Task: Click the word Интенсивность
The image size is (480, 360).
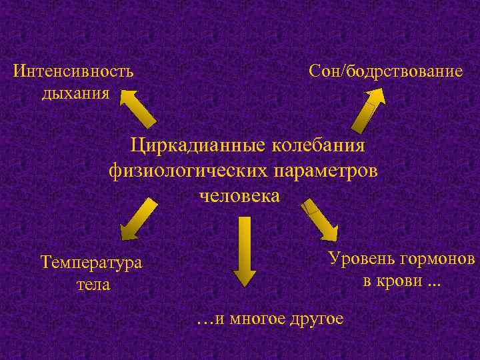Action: [x=73, y=70]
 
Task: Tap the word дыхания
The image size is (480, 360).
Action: [x=75, y=92]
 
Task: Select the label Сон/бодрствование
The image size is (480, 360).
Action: [x=385, y=70]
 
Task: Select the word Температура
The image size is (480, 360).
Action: [x=91, y=262]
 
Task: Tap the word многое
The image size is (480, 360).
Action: [x=255, y=319]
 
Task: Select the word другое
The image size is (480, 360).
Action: [x=317, y=319]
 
